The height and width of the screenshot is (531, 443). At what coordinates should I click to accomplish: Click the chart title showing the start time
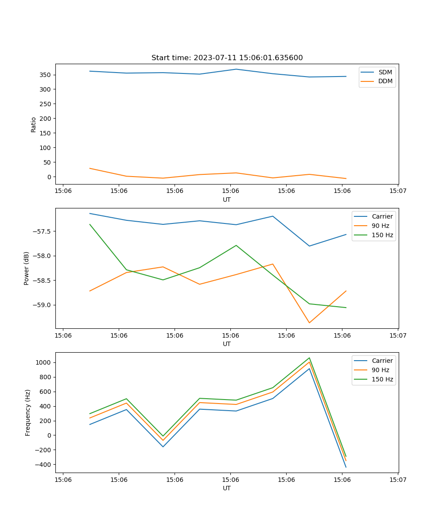coord(227,58)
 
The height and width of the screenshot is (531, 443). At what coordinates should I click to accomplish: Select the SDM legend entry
coord(385,72)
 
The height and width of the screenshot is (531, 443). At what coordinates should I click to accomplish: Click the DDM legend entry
coord(385,81)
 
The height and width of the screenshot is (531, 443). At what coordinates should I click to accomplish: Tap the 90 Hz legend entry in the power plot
coord(380,226)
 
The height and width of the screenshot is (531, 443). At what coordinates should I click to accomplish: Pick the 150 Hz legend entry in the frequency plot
coord(382,379)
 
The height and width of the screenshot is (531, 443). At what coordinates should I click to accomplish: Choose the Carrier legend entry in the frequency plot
coord(382,361)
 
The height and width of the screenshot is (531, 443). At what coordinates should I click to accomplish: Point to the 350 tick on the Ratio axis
coord(46,75)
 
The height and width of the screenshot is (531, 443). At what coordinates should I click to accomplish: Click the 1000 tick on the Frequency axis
coord(44,362)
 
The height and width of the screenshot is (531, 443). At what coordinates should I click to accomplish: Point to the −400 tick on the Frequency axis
coord(43,465)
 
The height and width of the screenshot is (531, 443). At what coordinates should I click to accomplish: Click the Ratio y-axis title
coord(34,124)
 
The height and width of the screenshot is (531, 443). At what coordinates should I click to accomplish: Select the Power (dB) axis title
coord(27,268)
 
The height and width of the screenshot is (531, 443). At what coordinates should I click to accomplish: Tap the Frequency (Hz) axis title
coord(27,412)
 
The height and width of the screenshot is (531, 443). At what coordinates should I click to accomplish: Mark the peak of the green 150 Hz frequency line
coord(309,358)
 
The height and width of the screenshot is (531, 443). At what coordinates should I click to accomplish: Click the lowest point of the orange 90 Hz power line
coord(309,323)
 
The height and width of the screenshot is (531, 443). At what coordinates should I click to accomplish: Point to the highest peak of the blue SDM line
coord(236,69)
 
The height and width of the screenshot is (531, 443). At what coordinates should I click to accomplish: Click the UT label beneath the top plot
coord(227,200)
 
